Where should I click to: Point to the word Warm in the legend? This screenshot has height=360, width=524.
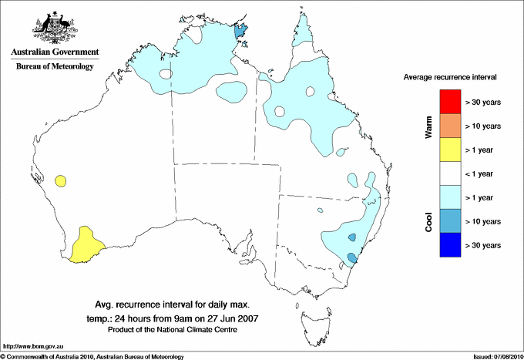tap(428, 126)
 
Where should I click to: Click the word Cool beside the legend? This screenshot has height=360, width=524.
tap(428, 221)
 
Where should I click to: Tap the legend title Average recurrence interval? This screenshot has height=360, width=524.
tap(450, 78)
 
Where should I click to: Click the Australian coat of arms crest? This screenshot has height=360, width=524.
tap(55, 26)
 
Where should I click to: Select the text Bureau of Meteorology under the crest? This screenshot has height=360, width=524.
tap(55, 67)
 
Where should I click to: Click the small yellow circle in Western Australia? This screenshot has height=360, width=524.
tap(60, 182)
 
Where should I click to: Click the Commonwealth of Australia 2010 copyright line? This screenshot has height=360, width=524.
tap(92, 356)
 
